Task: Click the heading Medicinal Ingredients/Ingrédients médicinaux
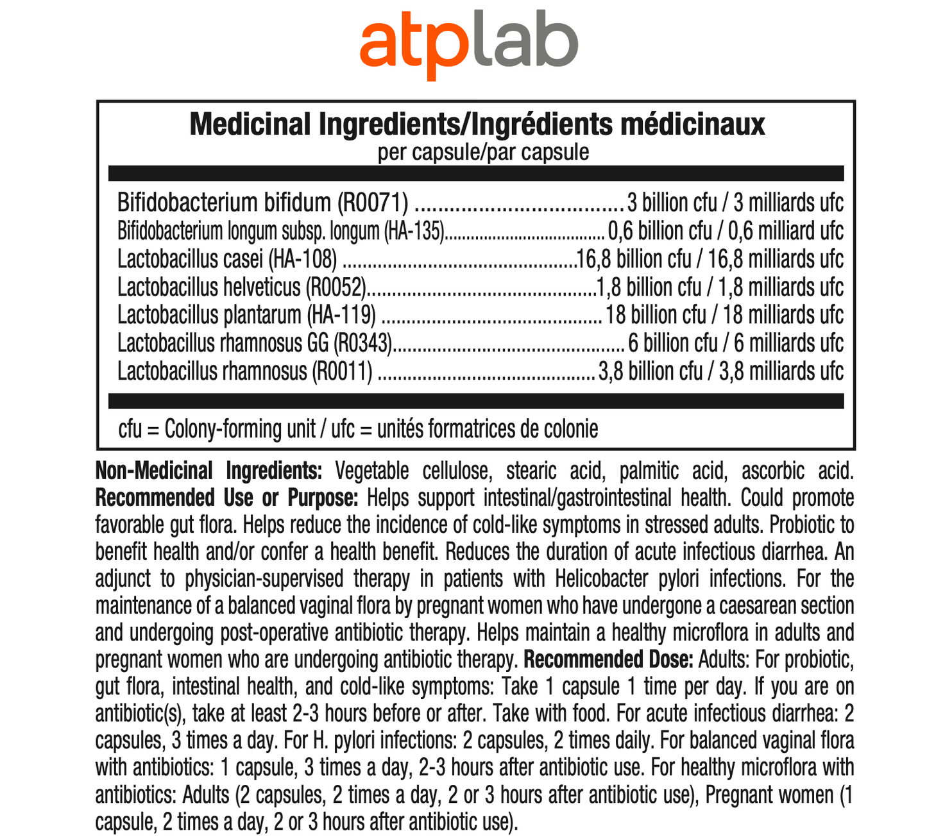[x=477, y=124]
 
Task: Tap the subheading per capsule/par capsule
[x=482, y=153]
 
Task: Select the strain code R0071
[x=373, y=203]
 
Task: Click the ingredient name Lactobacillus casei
[x=190, y=259]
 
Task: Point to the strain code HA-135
[x=414, y=231]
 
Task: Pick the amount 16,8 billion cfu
[x=634, y=259]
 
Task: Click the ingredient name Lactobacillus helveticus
[x=208, y=287]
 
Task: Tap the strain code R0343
[x=363, y=343]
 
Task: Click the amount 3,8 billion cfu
[x=649, y=371]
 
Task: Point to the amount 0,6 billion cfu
[x=659, y=231]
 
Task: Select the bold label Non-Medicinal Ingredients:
[x=208, y=471]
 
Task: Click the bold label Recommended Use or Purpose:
[x=226, y=498]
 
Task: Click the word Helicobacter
[x=600, y=579]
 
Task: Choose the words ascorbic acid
[x=797, y=471]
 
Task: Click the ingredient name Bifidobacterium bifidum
[x=224, y=203]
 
